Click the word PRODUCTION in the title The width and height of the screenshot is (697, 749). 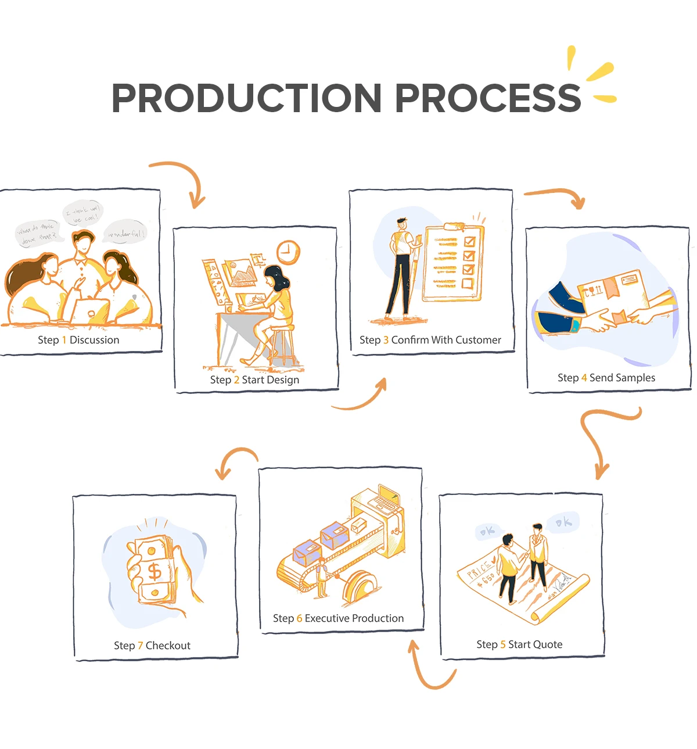246,98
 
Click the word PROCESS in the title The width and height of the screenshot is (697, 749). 488,98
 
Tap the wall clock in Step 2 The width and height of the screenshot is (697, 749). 288,253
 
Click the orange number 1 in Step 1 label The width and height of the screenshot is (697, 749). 64,340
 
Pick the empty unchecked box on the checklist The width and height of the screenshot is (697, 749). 468,283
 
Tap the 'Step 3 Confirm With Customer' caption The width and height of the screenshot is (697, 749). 430,340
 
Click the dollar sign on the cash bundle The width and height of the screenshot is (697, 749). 155,571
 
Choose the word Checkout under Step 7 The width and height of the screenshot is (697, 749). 168,646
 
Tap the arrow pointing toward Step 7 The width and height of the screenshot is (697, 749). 235,459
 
